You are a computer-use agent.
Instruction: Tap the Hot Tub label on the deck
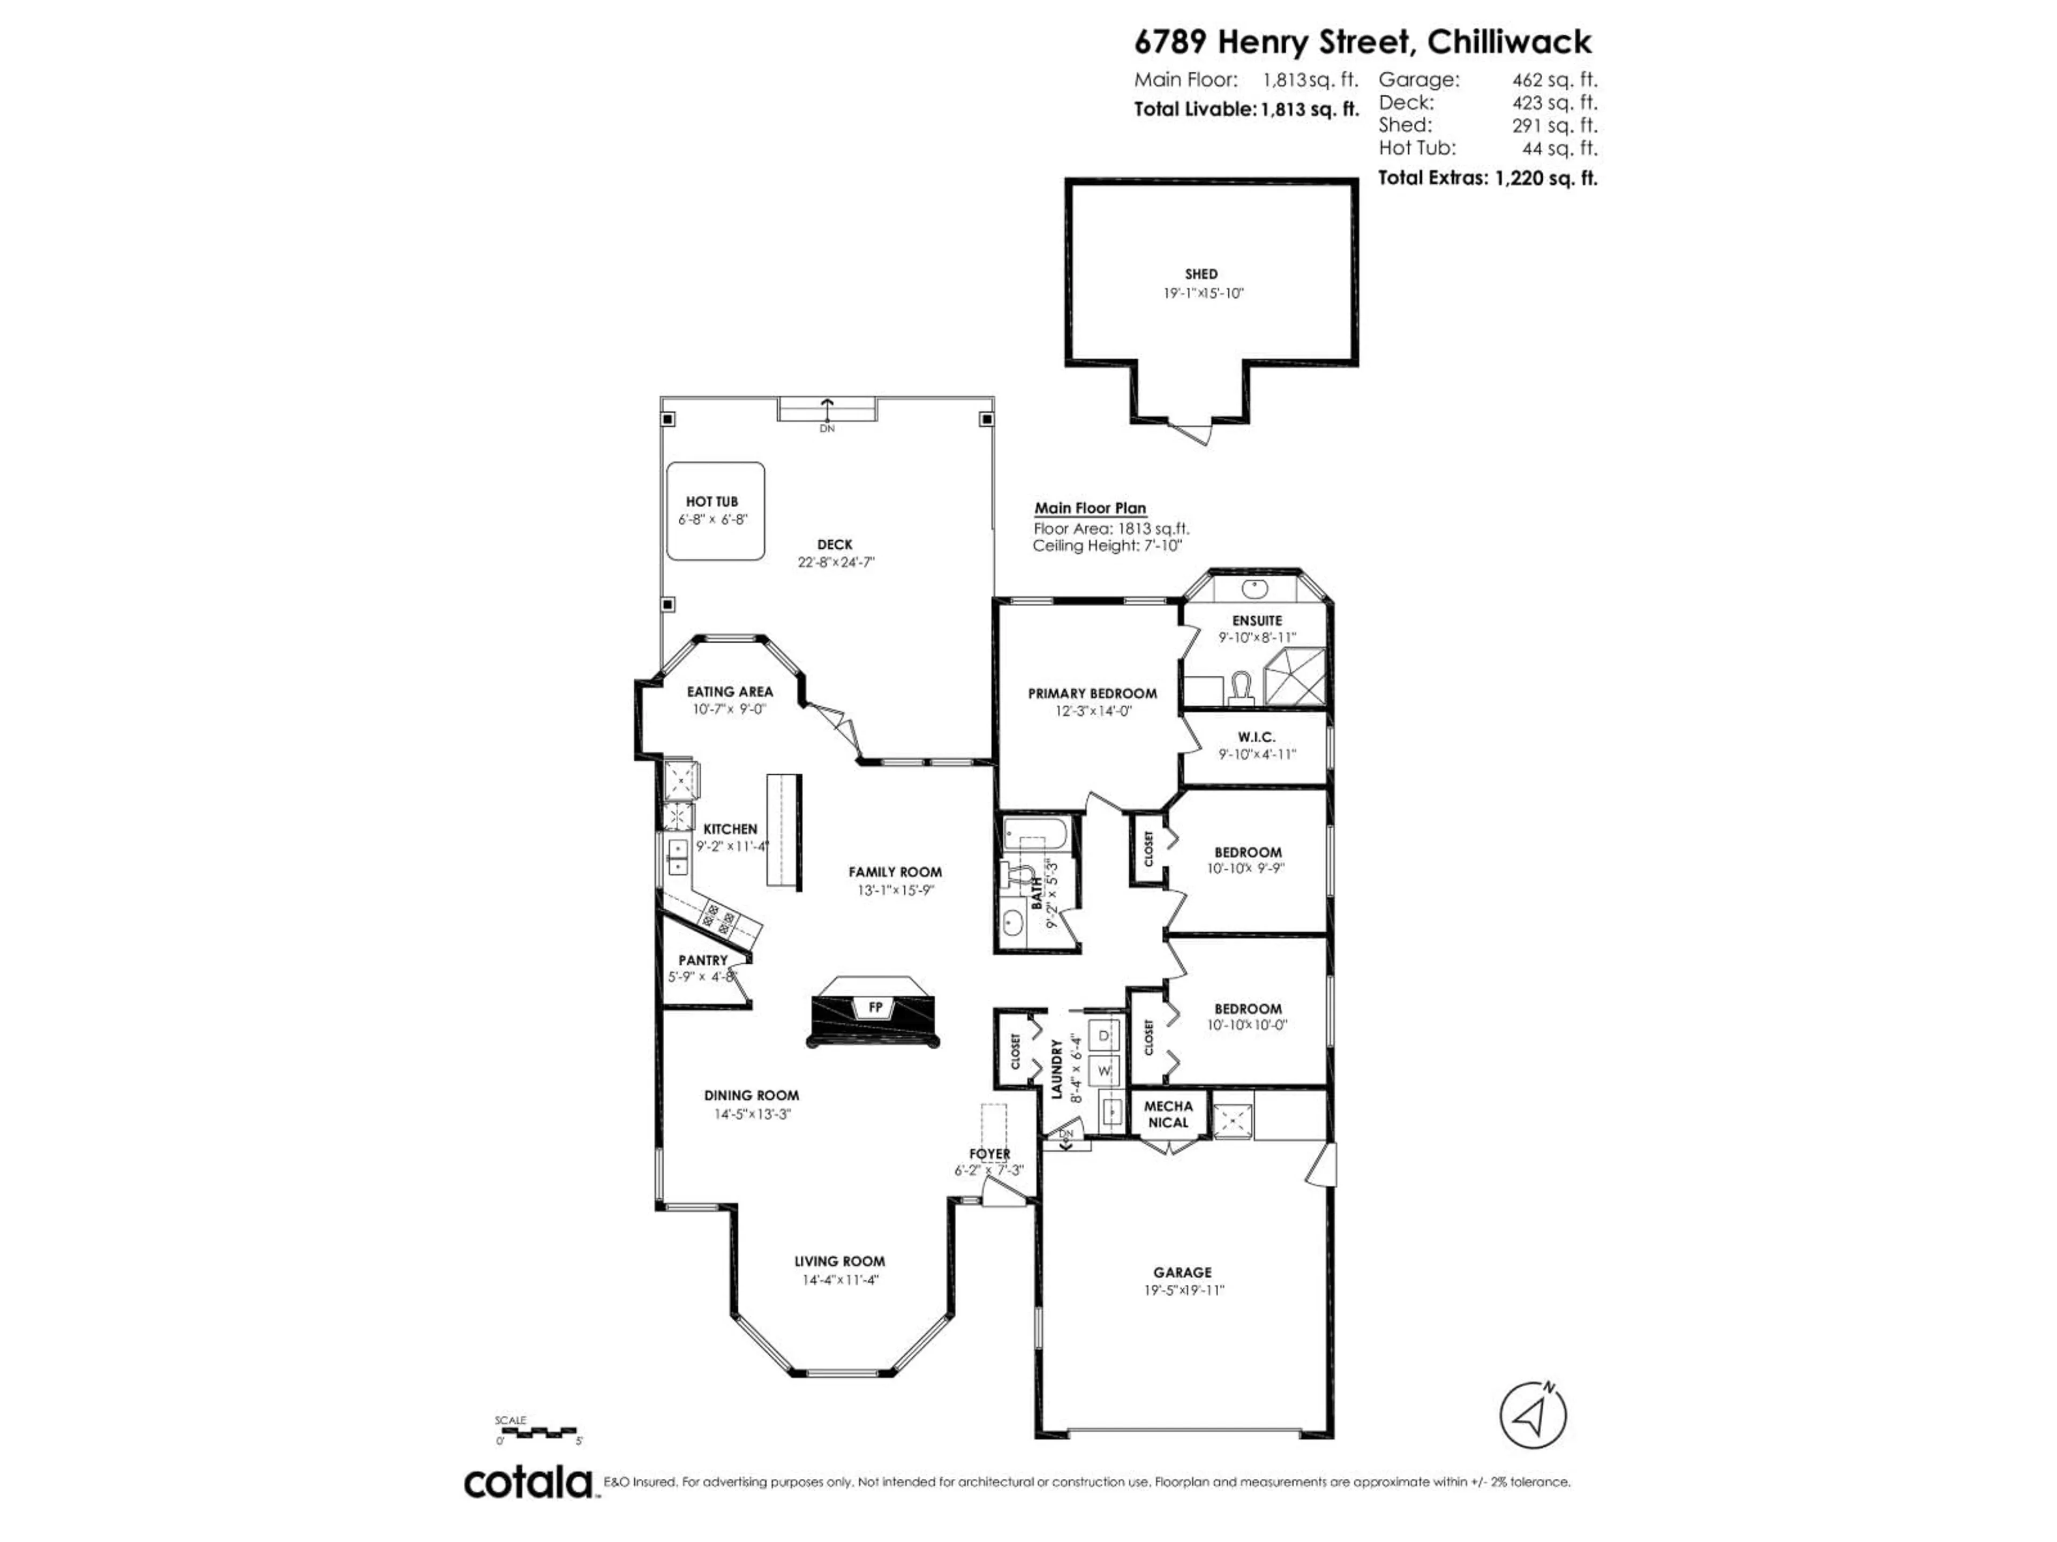tap(712, 502)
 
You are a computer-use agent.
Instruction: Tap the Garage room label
tap(1183, 1273)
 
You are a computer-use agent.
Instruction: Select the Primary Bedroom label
tap(1093, 693)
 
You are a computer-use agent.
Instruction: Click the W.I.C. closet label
tap(1257, 737)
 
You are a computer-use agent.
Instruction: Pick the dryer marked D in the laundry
tap(1105, 1035)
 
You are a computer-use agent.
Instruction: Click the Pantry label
tap(703, 960)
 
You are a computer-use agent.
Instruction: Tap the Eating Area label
tap(730, 692)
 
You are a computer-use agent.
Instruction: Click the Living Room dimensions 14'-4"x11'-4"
tap(840, 1280)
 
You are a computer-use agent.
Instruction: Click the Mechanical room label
tap(1168, 1114)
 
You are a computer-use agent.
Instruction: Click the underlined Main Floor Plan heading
tap(1090, 509)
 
